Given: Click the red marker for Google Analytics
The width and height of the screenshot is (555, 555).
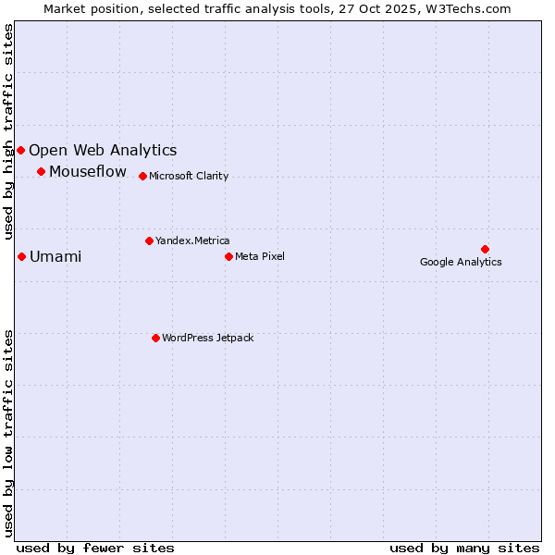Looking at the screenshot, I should coord(485,249).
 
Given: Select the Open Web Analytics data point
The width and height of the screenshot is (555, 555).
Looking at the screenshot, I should coord(20,150).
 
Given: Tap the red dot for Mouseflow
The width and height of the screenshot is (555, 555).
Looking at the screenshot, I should coord(41,171).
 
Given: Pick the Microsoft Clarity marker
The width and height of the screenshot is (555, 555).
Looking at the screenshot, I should coord(142,176).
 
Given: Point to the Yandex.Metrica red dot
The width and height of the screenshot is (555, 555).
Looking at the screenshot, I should coord(149,240).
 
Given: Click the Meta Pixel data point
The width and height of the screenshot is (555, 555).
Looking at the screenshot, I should coord(228,256).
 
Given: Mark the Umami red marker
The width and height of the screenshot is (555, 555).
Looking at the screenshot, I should coord(21,256).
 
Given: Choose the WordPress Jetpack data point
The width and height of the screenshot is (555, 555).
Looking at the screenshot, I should coord(155,338).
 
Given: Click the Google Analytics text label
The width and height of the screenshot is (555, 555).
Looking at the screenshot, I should coord(461,262).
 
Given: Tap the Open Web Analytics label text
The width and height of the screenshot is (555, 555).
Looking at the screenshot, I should coord(103,150).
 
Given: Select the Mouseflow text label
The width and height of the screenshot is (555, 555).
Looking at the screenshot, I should coord(88,171).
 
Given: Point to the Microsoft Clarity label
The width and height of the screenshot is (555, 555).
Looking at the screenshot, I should coord(189,176).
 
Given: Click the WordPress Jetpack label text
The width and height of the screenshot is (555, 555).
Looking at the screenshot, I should coord(207,338).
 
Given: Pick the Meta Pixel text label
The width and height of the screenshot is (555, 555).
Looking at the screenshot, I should coord(260,256).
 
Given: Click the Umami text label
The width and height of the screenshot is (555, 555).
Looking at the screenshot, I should coord(55,256).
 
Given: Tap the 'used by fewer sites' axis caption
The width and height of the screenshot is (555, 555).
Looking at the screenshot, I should coord(95,548).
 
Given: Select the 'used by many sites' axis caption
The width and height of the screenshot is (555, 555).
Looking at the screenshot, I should coord(464,548).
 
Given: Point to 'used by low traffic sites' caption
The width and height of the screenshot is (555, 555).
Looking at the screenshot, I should coord(9,433).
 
